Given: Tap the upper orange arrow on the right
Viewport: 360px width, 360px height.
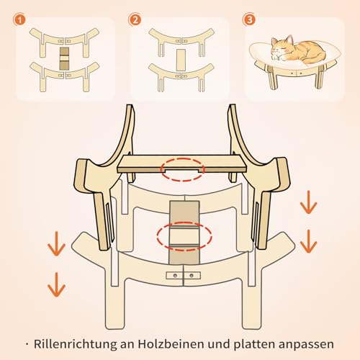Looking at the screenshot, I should [x=308, y=203].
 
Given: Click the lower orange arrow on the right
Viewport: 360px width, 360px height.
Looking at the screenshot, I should [x=308, y=241].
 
